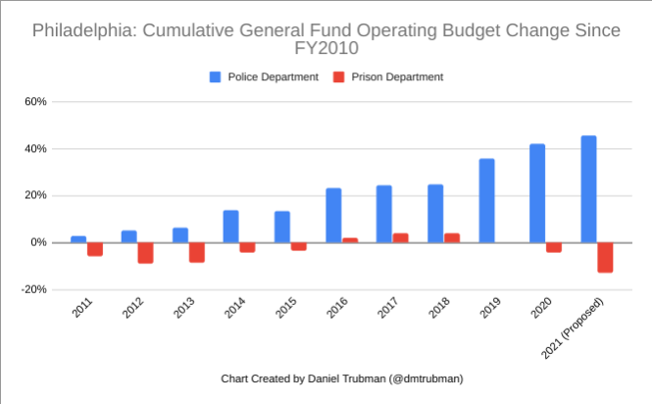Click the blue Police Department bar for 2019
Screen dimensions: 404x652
[x=486, y=200]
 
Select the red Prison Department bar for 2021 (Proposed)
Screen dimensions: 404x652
[x=605, y=257]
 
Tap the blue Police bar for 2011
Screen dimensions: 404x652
[x=78, y=239]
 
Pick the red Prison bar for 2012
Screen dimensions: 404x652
[x=145, y=252]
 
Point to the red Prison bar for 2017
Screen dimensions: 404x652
[x=400, y=237]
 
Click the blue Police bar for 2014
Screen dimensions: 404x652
[x=231, y=227]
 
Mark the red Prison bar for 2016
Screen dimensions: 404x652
[x=350, y=240]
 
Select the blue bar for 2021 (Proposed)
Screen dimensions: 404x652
[x=588, y=189]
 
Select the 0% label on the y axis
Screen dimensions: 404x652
[x=38, y=242]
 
